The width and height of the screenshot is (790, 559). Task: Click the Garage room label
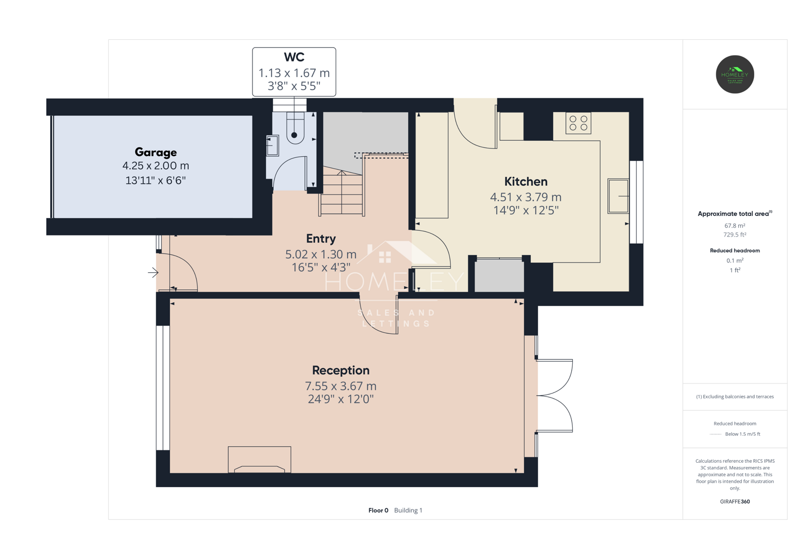click(x=156, y=152)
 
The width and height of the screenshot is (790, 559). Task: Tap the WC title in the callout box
click(x=294, y=57)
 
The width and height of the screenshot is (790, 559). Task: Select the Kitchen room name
click(x=526, y=181)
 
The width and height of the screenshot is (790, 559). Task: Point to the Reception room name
click(x=341, y=370)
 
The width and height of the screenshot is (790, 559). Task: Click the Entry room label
click(x=321, y=239)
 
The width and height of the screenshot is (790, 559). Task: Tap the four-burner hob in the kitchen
click(x=578, y=123)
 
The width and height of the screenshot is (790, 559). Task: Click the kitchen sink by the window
click(x=618, y=196)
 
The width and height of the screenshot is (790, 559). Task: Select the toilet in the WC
click(x=295, y=128)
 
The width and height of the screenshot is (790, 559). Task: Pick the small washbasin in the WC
click(x=272, y=145)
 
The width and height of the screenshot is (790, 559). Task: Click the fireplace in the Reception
click(x=260, y=460)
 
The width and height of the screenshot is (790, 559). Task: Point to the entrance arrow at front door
click(x=153, y=272)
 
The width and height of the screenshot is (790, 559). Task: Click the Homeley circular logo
click(x=735, y=75)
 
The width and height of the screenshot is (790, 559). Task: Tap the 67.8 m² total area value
click(x=735, y=226)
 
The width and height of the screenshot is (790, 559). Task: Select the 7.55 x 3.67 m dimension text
click(x=341, y=386)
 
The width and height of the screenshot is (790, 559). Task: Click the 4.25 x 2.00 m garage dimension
click(x=156, y=166)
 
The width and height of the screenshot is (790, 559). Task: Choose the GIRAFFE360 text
click(x=735, y=502)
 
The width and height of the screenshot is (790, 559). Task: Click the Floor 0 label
click(x=378, y=510)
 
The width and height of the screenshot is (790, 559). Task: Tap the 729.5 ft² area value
click(x=735, y=234)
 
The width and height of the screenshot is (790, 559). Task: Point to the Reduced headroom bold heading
click(x=735, y=251)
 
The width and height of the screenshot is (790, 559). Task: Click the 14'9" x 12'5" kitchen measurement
click(x=526, y=210)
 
